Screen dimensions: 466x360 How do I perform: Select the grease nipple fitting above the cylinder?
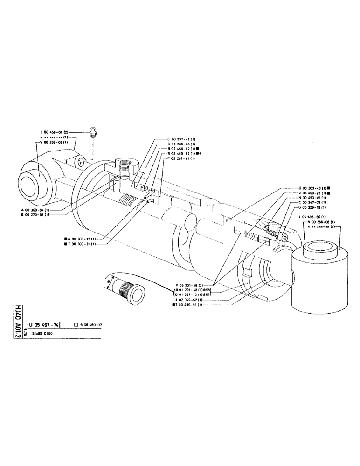93,132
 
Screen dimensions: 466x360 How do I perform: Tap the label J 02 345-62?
188,300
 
